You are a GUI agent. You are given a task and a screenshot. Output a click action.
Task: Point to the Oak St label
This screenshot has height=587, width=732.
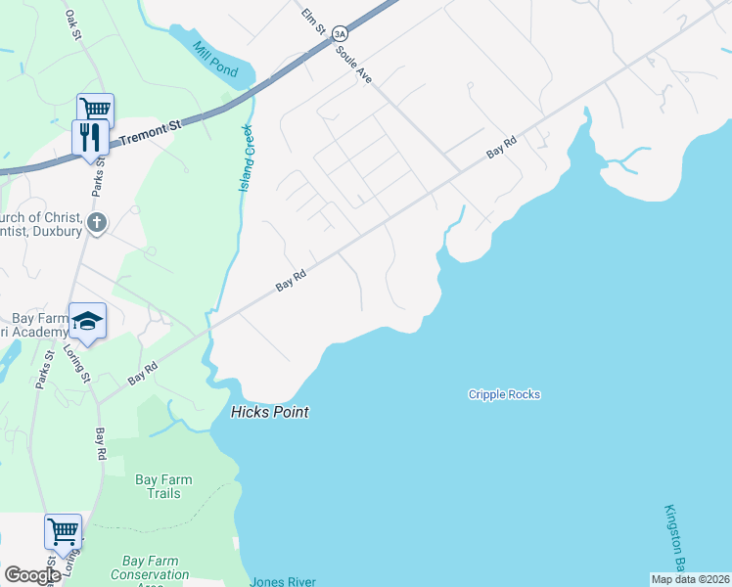[71, 23]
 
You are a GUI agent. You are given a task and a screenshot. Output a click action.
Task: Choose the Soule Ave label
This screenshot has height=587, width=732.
[353, 63]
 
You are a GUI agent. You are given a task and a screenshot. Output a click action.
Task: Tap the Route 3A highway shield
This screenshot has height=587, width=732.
[339, 32]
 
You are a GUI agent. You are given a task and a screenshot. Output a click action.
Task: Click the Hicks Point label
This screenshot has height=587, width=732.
[269, 412]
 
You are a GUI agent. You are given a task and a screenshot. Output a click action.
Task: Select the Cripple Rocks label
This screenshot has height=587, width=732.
[504, 394]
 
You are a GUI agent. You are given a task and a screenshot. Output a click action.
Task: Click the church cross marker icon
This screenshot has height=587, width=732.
[96, 223]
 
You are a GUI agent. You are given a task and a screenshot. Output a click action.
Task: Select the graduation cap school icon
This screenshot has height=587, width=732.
[87, 321]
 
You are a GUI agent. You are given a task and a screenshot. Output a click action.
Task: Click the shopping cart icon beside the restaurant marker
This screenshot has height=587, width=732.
[95, 109]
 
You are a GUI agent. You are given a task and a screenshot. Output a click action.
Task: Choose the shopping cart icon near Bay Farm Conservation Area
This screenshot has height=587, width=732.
[63, 532]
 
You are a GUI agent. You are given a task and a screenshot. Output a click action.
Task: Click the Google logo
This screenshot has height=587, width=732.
[31, 574]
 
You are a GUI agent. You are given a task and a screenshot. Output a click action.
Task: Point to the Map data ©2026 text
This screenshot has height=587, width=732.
[689, 579]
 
